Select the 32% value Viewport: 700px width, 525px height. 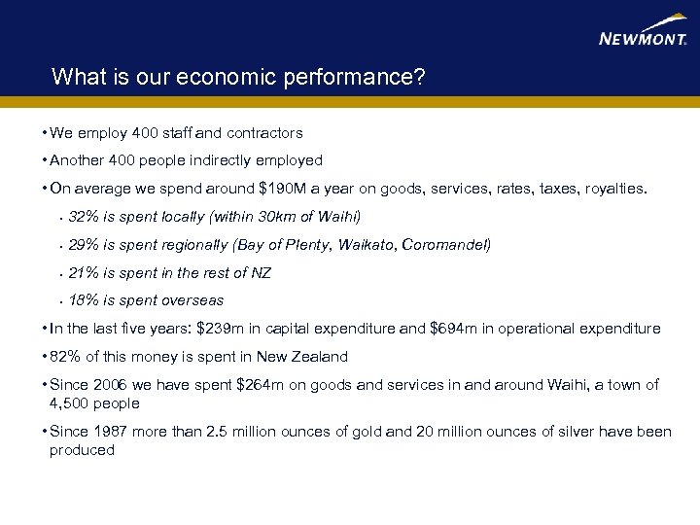pos(84,217)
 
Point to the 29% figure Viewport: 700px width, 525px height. pos(84,245)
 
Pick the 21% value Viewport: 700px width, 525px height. pos(84,273)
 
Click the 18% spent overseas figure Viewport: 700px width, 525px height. pos(84,300)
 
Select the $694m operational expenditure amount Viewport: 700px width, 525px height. pos(453,329)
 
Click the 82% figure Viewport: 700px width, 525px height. pos(65,357)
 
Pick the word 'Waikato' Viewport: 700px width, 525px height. pos(366,245)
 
